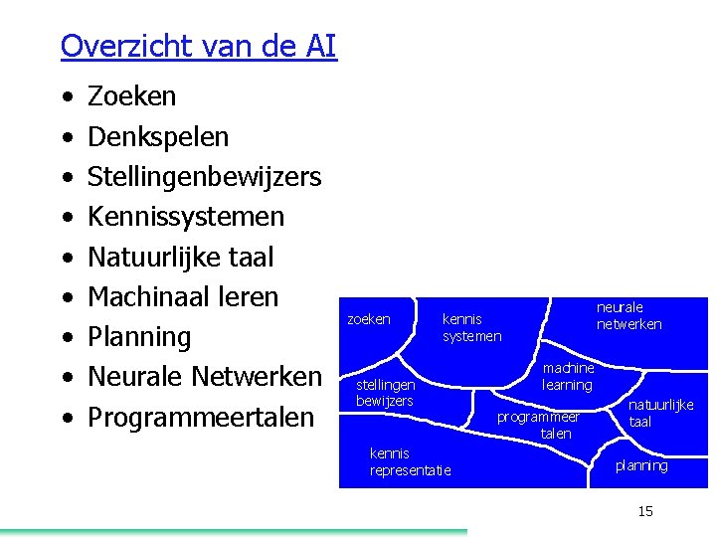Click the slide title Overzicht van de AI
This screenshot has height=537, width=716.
[x=199, y=46]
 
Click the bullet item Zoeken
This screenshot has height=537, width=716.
[x=132, y=96]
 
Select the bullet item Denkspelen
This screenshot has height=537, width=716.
[x=158, y=136]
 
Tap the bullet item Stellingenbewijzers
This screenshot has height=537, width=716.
[x=205, y=177]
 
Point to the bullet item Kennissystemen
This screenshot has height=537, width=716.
[x=186, y=217]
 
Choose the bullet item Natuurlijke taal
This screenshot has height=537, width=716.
[x=180, y=257]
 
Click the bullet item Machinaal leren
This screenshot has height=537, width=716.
[x=183, y=296]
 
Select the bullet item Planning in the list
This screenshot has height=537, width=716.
[x=139, y=336]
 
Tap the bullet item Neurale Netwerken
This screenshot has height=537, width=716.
[x=205, y=377]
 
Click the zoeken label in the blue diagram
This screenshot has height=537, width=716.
[x=368, y=319]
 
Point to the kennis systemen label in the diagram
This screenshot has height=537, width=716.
[x=471, y=327]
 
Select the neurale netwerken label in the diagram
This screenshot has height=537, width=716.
[x=628, y=315]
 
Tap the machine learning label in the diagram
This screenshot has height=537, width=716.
[x=568, y=377]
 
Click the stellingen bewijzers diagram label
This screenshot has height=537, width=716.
[x=385, y=392]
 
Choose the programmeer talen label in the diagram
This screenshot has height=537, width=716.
[x=538, y=426]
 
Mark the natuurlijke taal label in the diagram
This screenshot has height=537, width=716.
[x=660, y=414]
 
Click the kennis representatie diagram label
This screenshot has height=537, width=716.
[x=410, y=461]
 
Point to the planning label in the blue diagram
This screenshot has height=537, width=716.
[x=641, y=465]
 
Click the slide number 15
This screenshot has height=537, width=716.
[x=645, y=511]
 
